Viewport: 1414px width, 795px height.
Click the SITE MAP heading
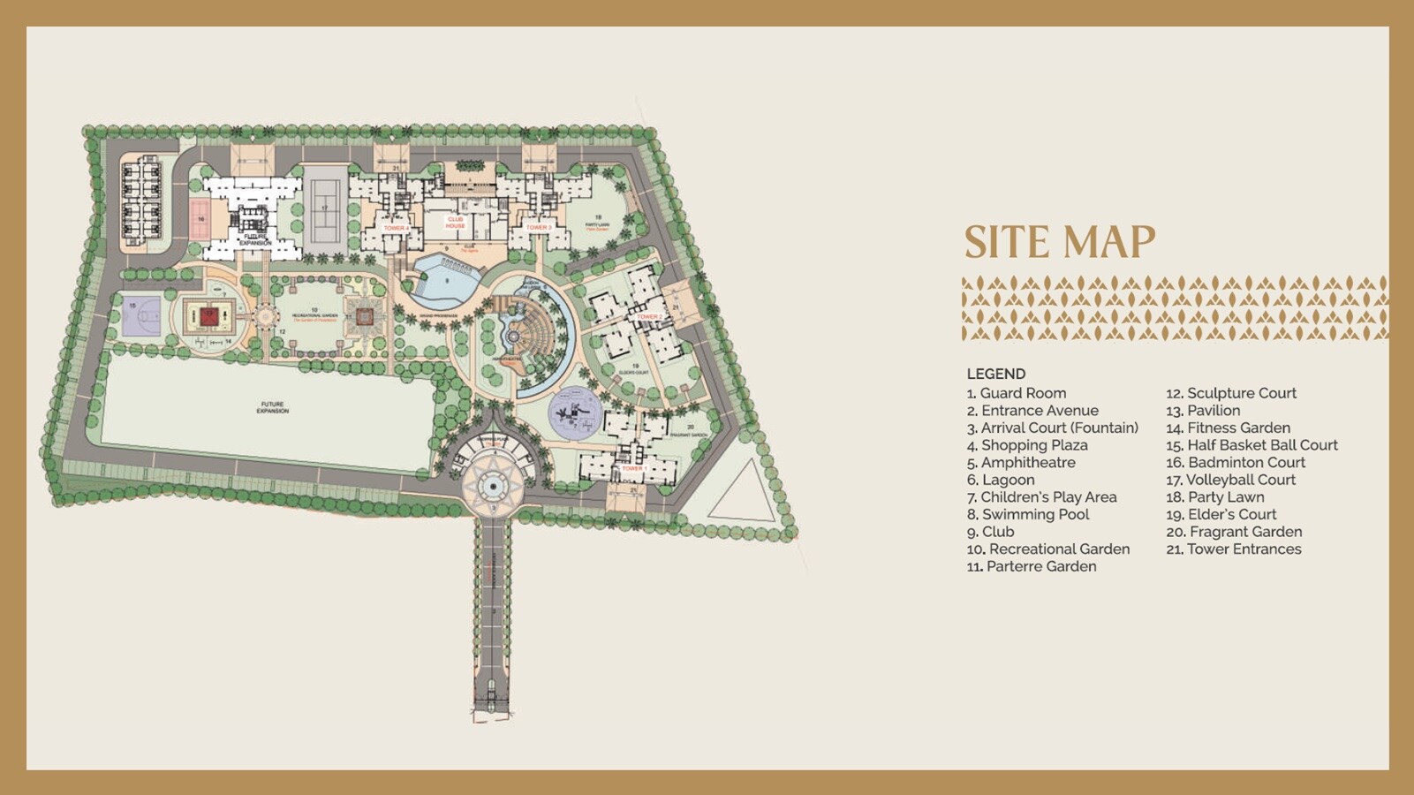(1059, 242)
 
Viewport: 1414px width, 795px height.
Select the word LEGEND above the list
(995, 374)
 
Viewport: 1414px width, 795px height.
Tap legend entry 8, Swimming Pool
(1028, 514)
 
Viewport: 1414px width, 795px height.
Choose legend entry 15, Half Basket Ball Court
(1251, 445)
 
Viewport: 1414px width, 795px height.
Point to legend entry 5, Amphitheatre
(1021, 462)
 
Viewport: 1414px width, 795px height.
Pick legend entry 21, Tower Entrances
(1234, 549)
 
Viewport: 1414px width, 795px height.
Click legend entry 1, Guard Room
(1017, 393)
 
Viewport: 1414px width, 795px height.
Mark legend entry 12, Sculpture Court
(1231, 393)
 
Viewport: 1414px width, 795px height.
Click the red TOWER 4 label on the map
(395, 228)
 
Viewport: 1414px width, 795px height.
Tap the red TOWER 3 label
(538, 228)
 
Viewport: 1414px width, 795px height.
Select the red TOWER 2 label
(649, 316)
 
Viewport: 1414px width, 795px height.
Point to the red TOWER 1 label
(632, 468)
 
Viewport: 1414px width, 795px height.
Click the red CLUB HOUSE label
(455, 223)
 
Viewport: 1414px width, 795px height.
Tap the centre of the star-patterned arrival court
(491, 484)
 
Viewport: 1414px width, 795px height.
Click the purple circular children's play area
(575, 413)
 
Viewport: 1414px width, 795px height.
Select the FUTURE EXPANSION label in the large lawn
(272, 407)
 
